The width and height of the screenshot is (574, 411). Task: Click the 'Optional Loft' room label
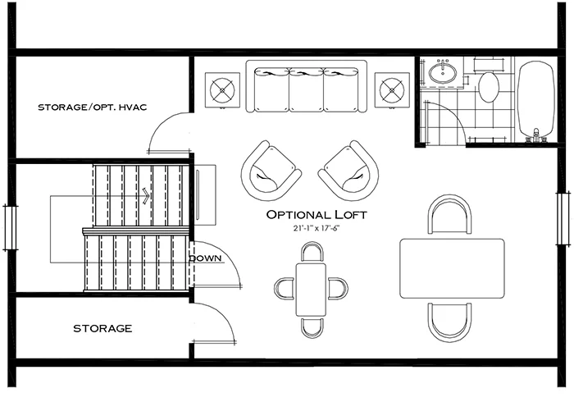click(x=316, y=215)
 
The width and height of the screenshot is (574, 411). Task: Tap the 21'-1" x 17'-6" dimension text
click(x=316, y=229)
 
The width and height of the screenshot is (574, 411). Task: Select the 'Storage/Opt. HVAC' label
click(x=92, y=107)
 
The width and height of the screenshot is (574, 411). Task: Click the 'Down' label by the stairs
click(x=205, y=258)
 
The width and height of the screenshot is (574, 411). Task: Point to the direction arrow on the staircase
click(x=145, y=195)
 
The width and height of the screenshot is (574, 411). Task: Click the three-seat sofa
click(x=307, y=89)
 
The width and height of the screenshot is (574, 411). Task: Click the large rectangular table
click(x=451, y=268)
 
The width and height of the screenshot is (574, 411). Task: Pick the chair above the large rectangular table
click(x=450, y=217)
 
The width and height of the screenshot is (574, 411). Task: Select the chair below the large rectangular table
click(x=450, y=321)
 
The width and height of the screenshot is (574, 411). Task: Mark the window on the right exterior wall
click(x=563, y=217)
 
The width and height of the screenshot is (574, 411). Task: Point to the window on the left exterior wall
click(x=10, y=227)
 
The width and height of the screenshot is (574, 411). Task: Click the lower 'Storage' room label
click(x=102, y=328)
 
